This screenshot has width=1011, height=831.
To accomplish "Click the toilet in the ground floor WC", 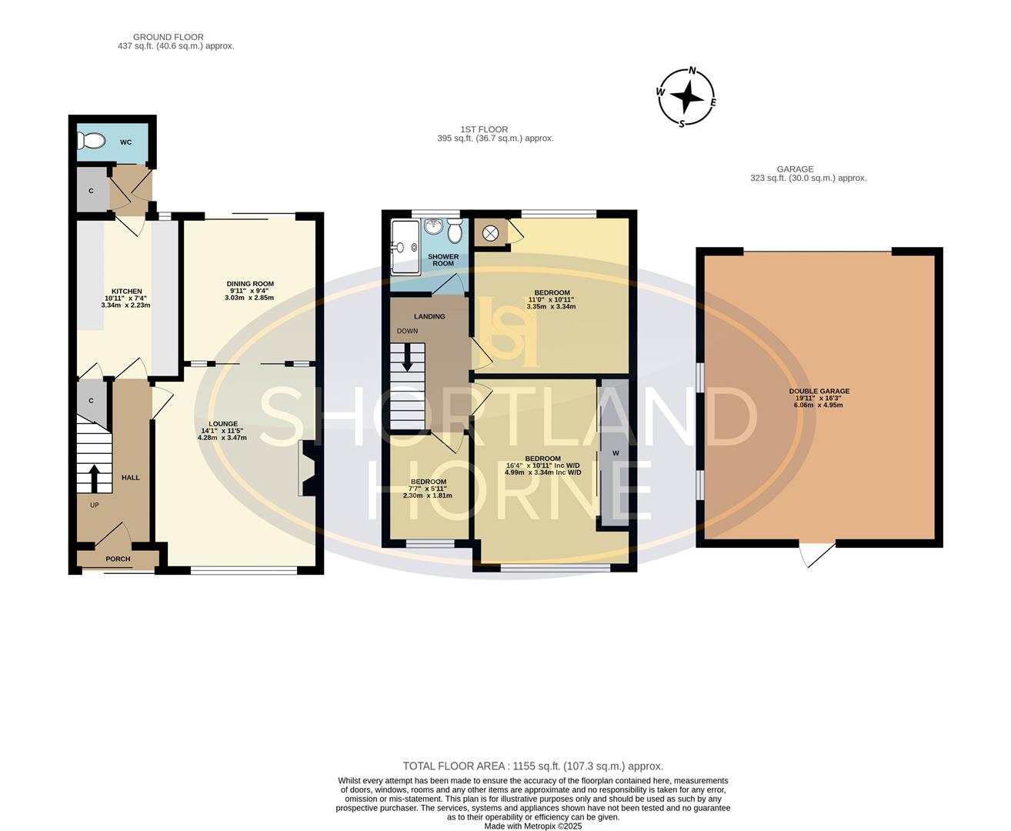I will pyautogui.click(x=92, y=142).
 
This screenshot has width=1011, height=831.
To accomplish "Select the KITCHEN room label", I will pyautogui.click(x=126, y=291).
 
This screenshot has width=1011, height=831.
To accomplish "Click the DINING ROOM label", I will pyautogui.click(x=250, y=284).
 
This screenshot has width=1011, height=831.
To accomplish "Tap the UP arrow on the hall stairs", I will pyautogui.click(x=95, y=478).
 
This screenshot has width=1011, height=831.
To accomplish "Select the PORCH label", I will pyautogui.click(x=118, y=559).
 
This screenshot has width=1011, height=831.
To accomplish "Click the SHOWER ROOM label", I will pyautogui.click(x=443, y=260).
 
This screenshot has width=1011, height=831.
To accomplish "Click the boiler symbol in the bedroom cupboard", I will pyautogui.click(x=490, y=231).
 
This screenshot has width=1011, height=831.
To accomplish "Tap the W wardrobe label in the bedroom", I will pyautogui.click(x=616, y=453).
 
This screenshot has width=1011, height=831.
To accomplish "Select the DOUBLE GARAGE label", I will pyautogui.click(x=819, y=391).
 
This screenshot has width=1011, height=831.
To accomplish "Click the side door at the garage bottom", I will pyautogui.click(x=816, y=555).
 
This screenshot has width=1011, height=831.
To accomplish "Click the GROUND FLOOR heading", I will pyautogui.click(x=168, y=37).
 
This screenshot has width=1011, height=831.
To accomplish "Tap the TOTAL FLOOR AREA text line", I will pyautogui.click(x=532, y=766).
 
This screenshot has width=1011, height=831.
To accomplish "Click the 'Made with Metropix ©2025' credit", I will pyautogui.click(x=532, y=826).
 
